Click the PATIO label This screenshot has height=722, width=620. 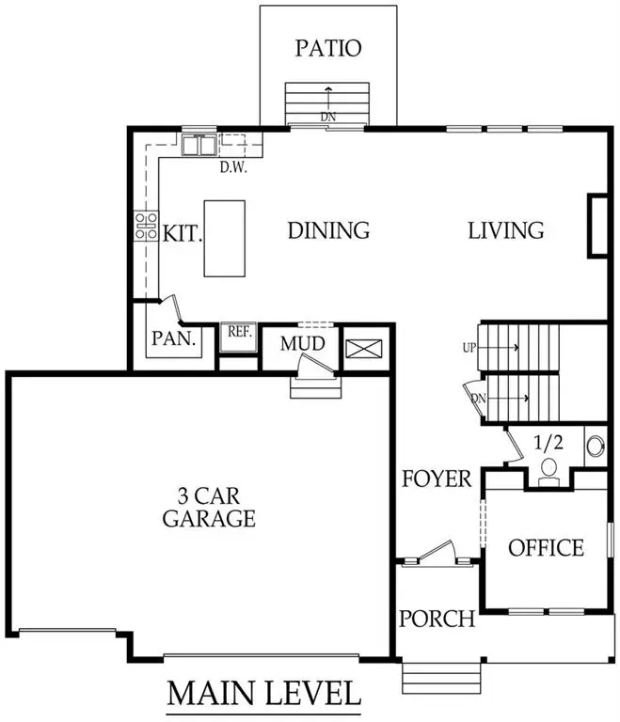point(327,48)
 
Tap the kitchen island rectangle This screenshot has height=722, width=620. point(224,238)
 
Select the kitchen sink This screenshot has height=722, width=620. point(199,146)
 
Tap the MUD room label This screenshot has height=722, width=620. point(303,344)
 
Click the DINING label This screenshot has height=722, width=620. point(327,230)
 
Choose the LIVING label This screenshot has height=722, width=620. point(506,230)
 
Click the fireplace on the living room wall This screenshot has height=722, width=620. point(596,226)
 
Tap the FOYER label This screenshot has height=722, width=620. point(437,479)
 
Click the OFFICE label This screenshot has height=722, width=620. point(546,548)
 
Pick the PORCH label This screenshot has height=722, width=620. point(437,619)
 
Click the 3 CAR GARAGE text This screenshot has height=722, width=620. point(209,506)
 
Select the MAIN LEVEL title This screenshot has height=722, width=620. point(263,694)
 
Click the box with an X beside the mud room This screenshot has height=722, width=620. point(365,349)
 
